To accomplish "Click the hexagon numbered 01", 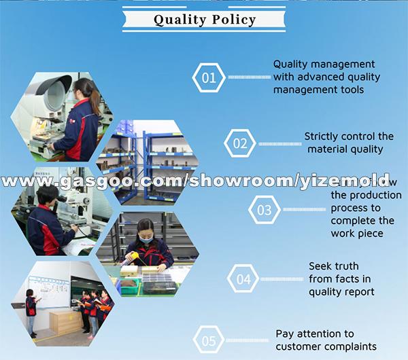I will point(209,77).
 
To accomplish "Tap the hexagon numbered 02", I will point(240,143).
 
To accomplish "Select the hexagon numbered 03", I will point(264,210).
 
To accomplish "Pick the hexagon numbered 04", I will point(243,279).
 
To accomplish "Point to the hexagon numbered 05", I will point(209,340).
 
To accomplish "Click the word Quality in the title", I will point(178,19).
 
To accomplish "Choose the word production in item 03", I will point(371,196).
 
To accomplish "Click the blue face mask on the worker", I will point(147,238).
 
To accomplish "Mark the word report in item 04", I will point(360,292).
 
